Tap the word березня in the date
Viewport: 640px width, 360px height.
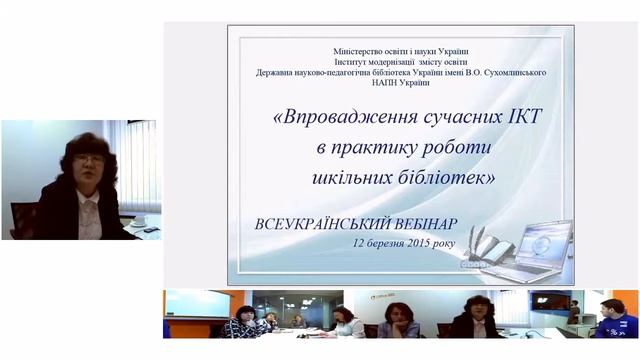[382, 242]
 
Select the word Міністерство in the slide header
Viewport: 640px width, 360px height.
[364, 51]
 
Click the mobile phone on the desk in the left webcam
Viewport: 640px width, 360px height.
[149, 229]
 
